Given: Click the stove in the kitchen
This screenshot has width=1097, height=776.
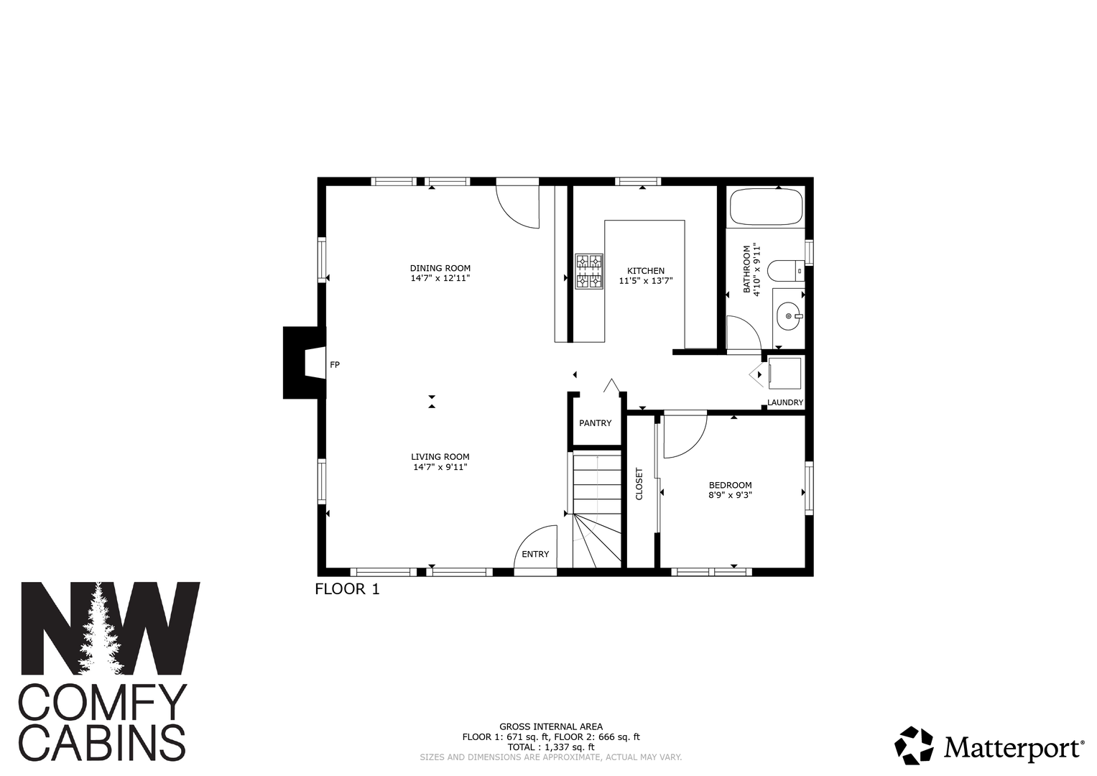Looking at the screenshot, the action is [x=589, y=271].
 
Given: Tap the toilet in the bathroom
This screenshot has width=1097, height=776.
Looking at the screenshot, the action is [x=785, y=271].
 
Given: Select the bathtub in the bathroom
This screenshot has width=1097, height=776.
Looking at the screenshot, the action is [x=767, y=207].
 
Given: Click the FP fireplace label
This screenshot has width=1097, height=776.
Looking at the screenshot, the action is [x=335, y=364].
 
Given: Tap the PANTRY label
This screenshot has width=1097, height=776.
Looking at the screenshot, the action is [x=595, y=422].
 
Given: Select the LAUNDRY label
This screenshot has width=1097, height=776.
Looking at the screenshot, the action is [x=785, y=402].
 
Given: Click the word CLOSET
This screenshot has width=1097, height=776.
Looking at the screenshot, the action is [x=639, y=484].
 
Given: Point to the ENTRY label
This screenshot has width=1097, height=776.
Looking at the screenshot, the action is [x=535, y=554].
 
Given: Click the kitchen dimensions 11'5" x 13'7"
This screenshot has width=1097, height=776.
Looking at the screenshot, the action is [x=646, y=281].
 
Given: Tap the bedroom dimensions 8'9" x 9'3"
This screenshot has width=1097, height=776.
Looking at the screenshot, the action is [x=730, y=495].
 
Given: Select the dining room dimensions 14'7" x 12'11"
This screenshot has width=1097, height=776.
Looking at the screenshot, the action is [x=440, y=278].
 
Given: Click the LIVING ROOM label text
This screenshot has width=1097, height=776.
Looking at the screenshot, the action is [x=440, y=456].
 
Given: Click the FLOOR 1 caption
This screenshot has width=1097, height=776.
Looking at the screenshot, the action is [x=347, y=589].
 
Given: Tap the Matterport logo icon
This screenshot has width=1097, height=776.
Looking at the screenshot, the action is [x=914, y=745].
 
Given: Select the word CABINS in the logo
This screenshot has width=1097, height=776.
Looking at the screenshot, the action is [x=102, y=743].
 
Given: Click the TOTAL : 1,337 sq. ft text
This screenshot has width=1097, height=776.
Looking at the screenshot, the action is [x=551, y=747].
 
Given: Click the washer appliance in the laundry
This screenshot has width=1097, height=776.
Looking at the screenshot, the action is [x=784, y=374].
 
